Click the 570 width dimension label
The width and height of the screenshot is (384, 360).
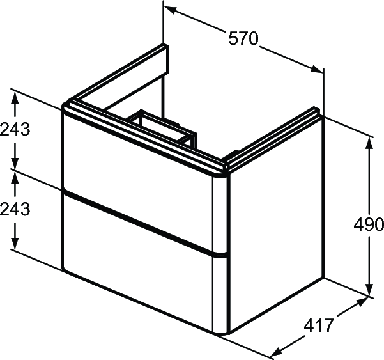coord(243,38)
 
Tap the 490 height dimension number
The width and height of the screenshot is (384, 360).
coord(369,224)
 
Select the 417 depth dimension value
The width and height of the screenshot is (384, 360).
coord(319,325)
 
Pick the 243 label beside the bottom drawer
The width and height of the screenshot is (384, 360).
coord(15,209)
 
